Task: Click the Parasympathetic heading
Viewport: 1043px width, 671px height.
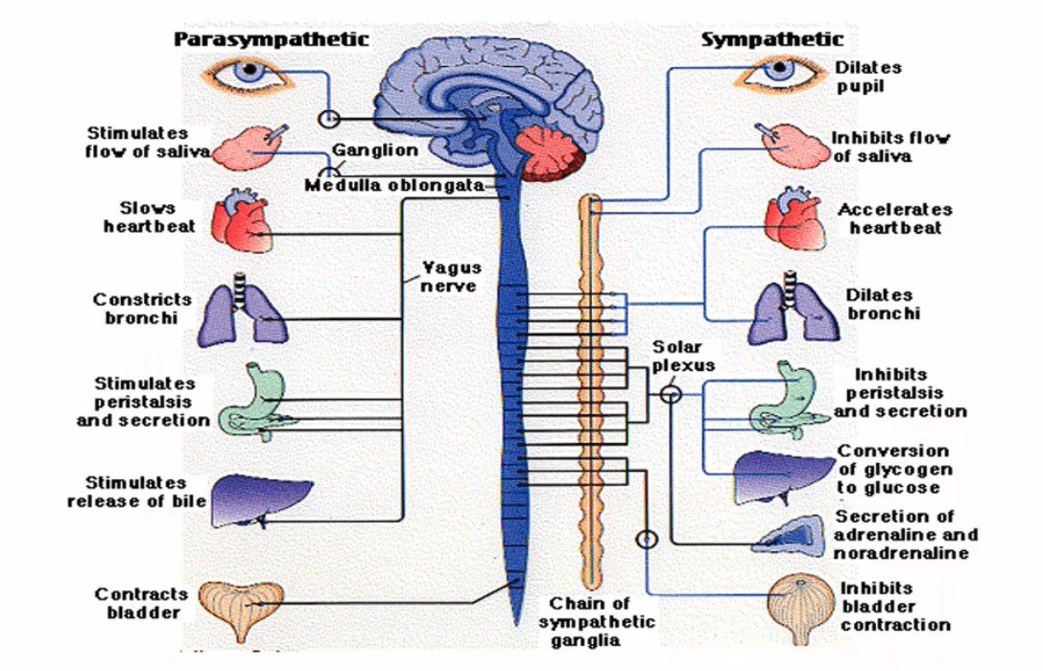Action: click(x=271, y=40)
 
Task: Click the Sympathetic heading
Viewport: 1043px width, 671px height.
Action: click(x=772, y=40)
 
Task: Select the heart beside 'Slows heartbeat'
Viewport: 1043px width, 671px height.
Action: click(x=242, y=220)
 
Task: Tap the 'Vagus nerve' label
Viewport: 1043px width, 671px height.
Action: click(x=450, y=277)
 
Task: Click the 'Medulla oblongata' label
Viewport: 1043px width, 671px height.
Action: click(x=394, y=185)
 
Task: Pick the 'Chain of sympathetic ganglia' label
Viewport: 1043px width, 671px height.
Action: click(x=596, y=622)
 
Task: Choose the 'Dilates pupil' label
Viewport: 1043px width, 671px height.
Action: click(x=868, y=77)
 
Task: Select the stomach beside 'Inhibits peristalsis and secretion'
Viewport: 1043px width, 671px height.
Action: click(x=783, y=399)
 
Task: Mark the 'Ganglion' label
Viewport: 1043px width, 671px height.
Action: click(x=375, y=150)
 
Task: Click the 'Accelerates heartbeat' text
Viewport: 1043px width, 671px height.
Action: click(x=894, y=219)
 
